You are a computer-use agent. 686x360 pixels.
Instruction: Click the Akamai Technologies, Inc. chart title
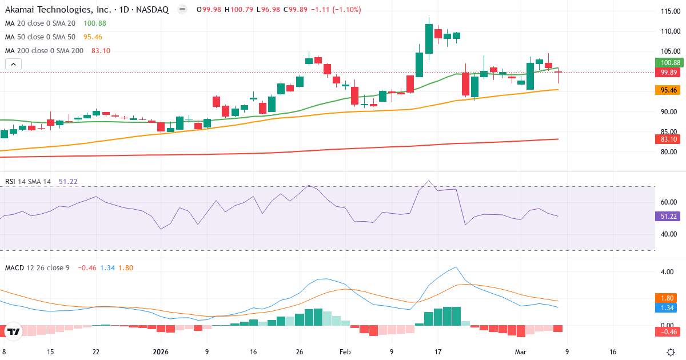[x=86, y=9]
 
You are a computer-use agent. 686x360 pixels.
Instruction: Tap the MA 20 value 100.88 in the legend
[x=94, y=23]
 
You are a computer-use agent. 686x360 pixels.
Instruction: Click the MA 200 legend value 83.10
[x=101, y=50]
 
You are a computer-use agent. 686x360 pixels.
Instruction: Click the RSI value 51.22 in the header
[x=67, y=182]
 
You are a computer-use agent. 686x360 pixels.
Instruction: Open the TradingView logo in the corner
[x=13, y=331]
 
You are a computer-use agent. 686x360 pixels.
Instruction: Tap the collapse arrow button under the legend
[x=13, y=65]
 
